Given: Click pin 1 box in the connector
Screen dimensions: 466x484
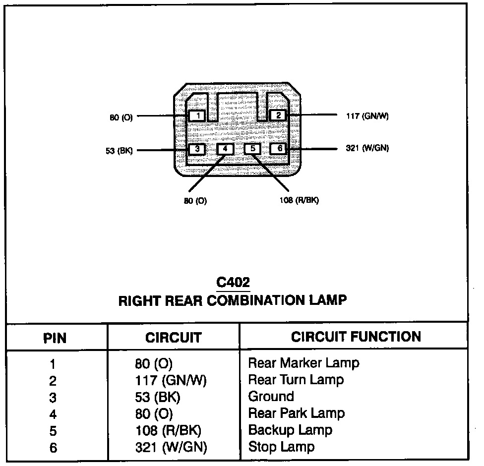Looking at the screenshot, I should click(x=197, y=116).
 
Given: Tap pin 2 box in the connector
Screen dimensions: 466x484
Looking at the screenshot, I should click(x=278, y=116).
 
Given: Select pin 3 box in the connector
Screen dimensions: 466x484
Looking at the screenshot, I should click(x=197, y=149).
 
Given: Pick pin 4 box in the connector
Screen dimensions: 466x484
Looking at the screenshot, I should click(x=225, y=149).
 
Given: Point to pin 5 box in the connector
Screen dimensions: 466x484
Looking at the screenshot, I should click(x=252, y=148).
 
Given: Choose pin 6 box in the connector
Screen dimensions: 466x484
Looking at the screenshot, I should click(x=279, y=148).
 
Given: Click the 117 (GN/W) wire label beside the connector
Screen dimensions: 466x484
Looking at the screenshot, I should click(x=367, y=116).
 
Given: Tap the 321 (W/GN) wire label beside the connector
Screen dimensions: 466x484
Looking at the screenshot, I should click(x=367, y=148).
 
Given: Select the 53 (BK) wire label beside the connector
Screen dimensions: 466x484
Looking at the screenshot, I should click(x=119, y=150).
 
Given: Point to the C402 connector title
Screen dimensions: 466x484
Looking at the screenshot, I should click(x=233, y=283).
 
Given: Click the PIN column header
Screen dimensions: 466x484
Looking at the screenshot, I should click(x=55, y=338).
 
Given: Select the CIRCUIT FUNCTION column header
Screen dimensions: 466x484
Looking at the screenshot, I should click(x=356, y=337).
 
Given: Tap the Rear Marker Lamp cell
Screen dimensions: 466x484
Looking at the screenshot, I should click(x=303, y=363).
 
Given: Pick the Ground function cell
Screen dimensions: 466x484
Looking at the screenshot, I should click(x=271, y=397).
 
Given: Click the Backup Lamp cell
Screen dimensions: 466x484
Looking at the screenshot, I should click(x=290, y=430).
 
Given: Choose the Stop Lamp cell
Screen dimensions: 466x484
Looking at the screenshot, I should click(x=281, y=447).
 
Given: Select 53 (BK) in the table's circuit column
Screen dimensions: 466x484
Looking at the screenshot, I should click(x=158, y=397).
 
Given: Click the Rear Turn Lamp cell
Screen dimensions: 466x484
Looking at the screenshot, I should click(x=296, y=380).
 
